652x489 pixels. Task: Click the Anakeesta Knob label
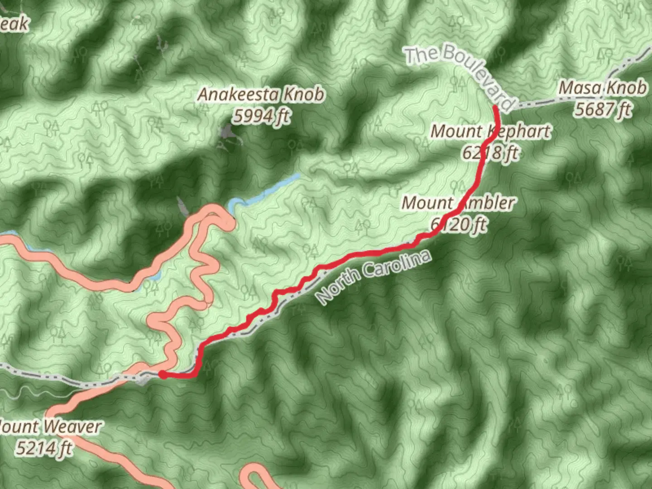(261, 95)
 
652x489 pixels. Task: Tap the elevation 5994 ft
(261, 116)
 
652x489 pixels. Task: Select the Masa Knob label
(602, 88)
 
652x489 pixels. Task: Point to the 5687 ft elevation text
(602, 109)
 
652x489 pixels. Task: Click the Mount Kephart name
(490, 131)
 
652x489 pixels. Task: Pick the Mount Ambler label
(458, 203)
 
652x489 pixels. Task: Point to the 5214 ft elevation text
(44, 448)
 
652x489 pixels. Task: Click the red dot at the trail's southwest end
(162, 374)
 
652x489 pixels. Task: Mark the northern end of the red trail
(496, 108)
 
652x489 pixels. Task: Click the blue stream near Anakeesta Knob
(267, 190)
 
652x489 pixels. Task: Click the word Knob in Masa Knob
(627, 88)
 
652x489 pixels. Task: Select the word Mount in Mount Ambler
(428, 203)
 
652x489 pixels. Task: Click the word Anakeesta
(239, 95)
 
